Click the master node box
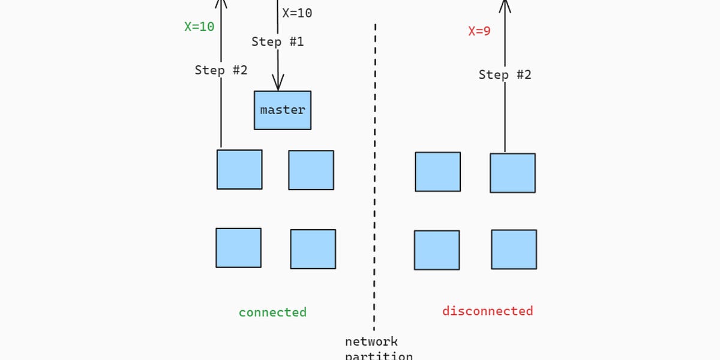[x=283, y=110]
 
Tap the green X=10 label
[x=199, y=27]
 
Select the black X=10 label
[x=297, y=13]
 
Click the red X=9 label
[x=479, y=31]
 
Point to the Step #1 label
[x=277, y=42]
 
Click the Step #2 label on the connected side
[x=221, y=70]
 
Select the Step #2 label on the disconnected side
[x=505, y=75]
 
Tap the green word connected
[x=272, y=313]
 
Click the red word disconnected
[x=487, y=311]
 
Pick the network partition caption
[x=378, y=349]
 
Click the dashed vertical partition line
[x=375, y=180]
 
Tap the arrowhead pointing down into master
[x=278, y=83]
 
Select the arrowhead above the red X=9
[x=505, y=6]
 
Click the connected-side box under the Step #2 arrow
[x=239, y=170]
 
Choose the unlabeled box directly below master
[x=311, y=170]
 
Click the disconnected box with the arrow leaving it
[x=512, y=173]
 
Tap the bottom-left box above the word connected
[x=238, y=248]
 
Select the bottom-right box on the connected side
[x=313, y=249]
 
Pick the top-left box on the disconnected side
[x=438, y=172]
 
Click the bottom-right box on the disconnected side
[x=514, y=250]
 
